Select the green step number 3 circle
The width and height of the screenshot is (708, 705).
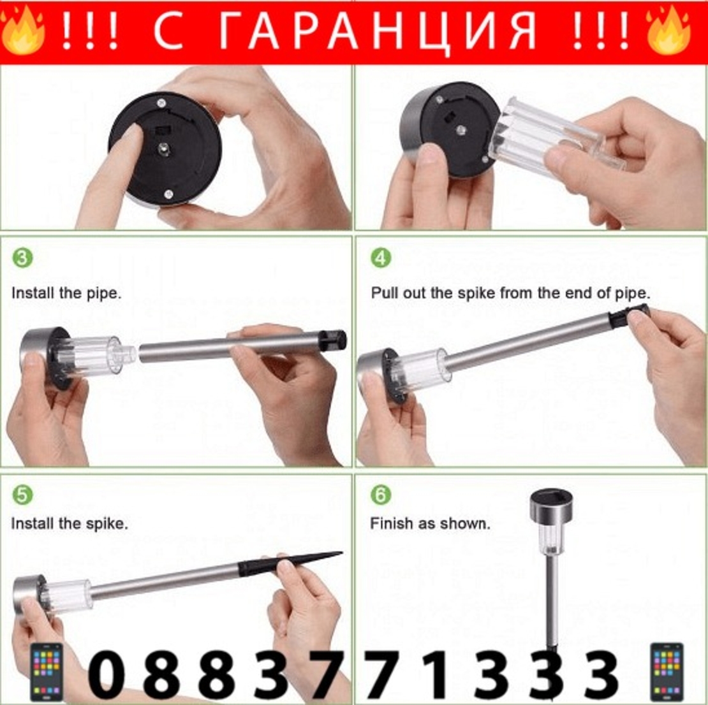(22, 258)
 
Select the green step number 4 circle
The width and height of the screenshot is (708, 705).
(381, 258)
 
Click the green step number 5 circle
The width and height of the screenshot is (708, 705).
(22, 495)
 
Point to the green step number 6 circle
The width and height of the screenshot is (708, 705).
(381, 495)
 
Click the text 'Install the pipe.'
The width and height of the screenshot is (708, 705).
(66, 294)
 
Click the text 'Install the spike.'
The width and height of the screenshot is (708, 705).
(69, 524)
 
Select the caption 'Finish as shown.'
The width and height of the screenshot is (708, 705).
(430, 524)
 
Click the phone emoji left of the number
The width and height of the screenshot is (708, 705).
(47, 672)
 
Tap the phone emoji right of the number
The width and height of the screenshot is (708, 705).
(667, 672)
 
